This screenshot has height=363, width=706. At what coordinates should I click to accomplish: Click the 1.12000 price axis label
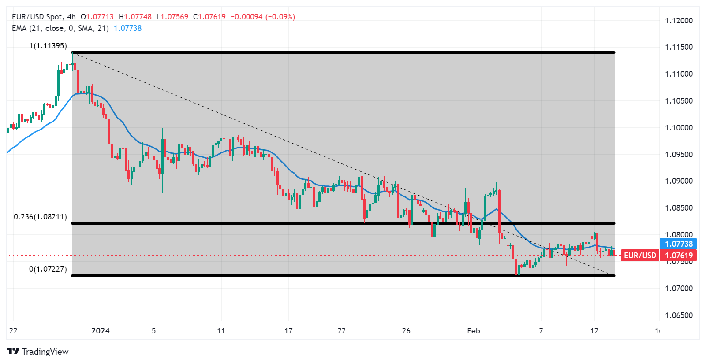click(679, 21)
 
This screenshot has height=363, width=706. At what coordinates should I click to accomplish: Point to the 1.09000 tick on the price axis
click(679, 181)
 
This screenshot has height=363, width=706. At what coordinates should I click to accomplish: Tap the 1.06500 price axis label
click(679, 315)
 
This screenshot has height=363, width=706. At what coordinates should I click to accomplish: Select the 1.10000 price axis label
click(679, 128)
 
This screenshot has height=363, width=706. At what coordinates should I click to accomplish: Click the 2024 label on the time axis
click(101, 331)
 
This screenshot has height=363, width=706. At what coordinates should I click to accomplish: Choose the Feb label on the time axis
click(474, 331)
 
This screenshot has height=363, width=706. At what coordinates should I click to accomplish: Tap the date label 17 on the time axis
click(288, 331)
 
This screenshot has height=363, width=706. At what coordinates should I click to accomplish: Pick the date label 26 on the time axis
click(406, 331)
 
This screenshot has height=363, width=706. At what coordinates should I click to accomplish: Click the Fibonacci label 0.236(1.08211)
click(41, 217)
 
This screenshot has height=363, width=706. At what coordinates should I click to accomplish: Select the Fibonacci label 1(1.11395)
click(48, 46)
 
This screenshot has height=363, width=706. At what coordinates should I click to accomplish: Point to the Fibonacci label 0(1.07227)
click(48, 269)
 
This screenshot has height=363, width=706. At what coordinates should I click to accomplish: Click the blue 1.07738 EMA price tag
click(678, 244)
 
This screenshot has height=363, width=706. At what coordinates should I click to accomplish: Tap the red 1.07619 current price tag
click(678, 256)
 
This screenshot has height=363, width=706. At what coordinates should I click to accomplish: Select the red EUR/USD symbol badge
click(640, 256)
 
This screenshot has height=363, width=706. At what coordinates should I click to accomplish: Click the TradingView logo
click(38, 352)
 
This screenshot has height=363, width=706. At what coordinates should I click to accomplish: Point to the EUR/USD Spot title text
click(37, 17)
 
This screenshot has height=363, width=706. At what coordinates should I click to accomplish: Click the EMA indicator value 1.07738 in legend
click(128, 28)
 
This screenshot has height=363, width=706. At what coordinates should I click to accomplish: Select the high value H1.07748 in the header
click(135, 17)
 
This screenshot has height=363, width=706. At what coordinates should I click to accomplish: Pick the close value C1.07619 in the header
click(209, 17)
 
